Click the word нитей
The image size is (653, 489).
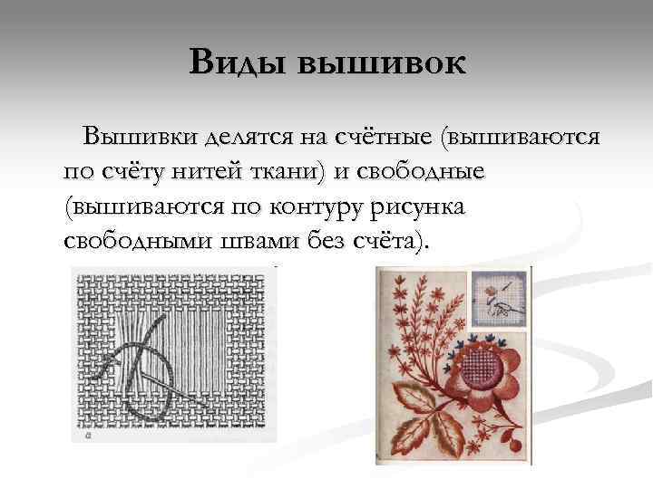pos(200,172)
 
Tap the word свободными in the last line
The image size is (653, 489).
pos(137,243)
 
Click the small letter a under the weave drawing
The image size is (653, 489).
pos(87,434)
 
